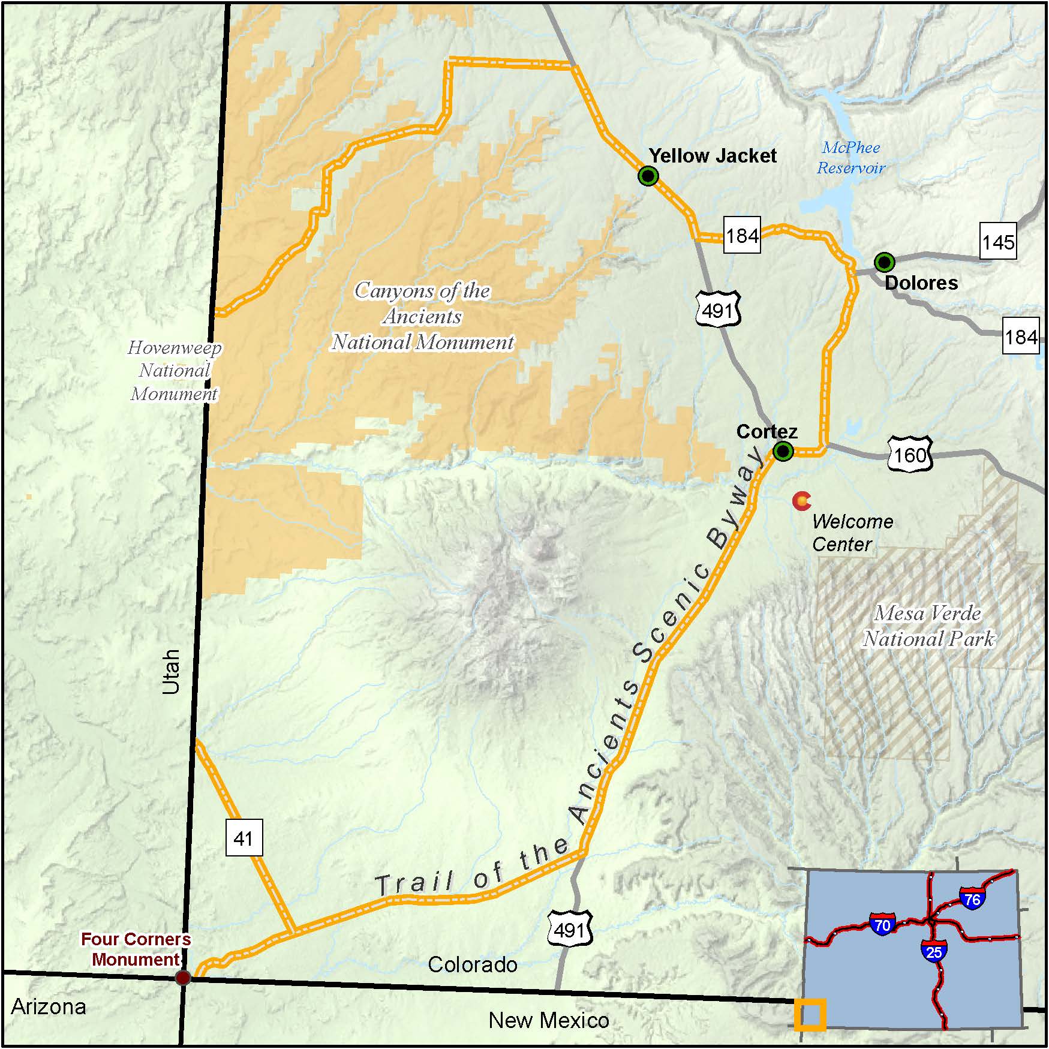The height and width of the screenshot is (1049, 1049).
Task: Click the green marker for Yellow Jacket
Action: click(x=648, y=176)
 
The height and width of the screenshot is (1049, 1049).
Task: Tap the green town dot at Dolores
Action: click(x=884, y=262)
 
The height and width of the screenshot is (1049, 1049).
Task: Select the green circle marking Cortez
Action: click(x=783, y=451)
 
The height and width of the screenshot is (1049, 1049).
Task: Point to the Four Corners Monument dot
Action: click(x=183, y=978)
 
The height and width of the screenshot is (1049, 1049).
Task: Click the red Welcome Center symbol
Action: click(x=801, y=500)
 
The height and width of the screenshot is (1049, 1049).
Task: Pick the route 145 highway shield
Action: click(x=998, y=242)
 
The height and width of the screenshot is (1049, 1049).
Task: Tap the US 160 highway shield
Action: click(x=910, y=455)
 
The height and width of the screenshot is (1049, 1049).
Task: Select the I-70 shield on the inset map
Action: click(x=882, y=924)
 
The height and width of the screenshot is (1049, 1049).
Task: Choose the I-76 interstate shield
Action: click(x=972, y=899)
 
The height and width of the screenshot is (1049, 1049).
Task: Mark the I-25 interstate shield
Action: click(x=934, y=951)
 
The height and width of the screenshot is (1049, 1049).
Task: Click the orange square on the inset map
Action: click(x=810, y=1014)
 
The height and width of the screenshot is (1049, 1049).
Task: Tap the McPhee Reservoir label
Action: click(x=851, y=158)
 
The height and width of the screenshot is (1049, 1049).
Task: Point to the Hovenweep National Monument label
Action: click(x=175, y=371)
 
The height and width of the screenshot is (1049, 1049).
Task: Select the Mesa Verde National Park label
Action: click(x=928, y=626)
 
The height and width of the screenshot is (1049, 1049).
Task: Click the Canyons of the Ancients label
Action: click(x=423, y=316)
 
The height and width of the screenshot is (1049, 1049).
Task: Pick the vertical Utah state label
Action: click(x=172, y=671)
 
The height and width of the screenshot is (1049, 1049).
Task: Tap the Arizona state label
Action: click(x=49, y=1006)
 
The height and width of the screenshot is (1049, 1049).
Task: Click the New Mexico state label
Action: click(x=549, y=1020)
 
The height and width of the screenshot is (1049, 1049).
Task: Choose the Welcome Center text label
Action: click(x=852, y=533)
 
